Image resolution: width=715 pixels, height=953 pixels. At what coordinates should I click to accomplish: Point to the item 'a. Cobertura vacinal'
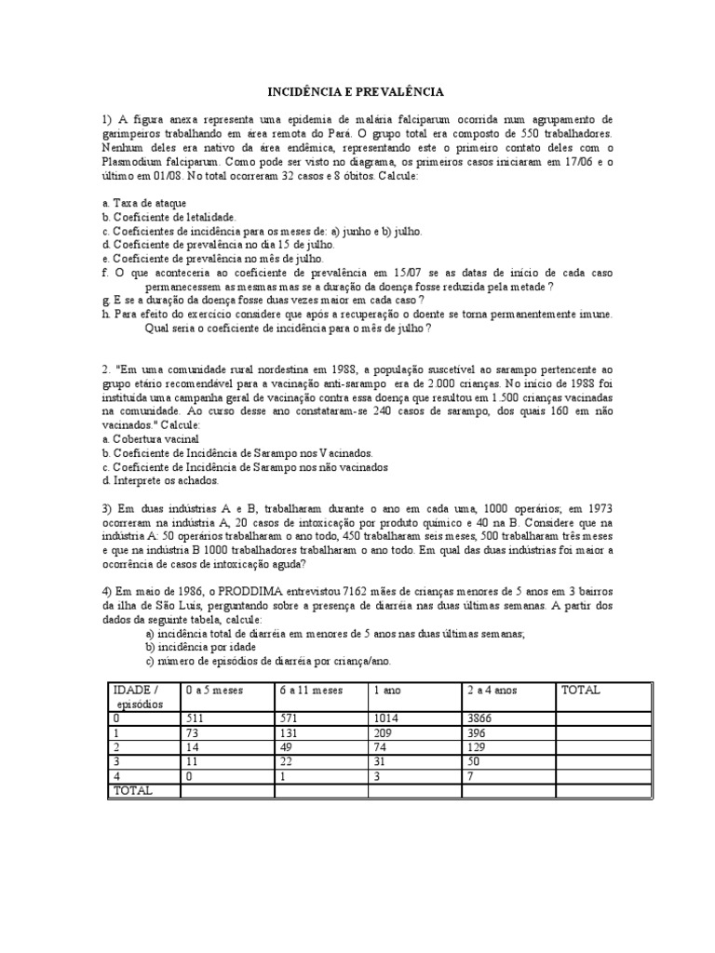click(150, 438)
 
